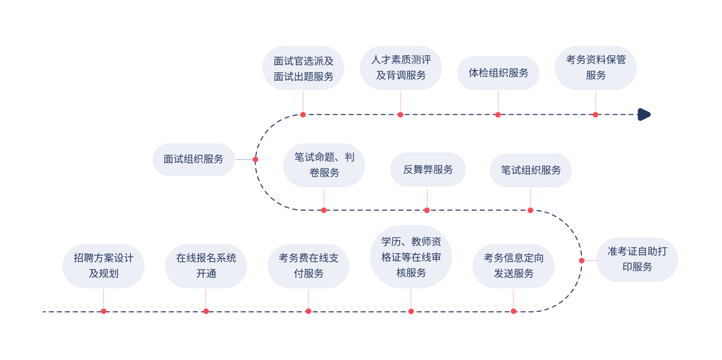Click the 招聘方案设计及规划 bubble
tap(103, 266)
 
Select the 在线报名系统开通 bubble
tap(206, 266)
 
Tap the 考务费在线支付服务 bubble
tap(308, 266)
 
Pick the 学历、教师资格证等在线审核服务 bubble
tap(411, 257)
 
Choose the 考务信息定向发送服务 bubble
tap(513, 266)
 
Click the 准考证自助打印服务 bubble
tap(637, 259)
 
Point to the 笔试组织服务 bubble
tap(530, 170)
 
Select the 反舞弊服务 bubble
tap(428, 169)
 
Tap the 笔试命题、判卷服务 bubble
tap(324, 165)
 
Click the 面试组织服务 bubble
tap(194, 159)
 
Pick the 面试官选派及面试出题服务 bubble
tap(303, 68)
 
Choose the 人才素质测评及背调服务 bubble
tap(401, 68)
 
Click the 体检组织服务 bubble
tap(498, 73)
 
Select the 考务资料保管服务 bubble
tap(596, 68)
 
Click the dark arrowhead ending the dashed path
tap(644, 114)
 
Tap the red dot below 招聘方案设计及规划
tap(104, 311)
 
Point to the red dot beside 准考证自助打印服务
tap(582, 260)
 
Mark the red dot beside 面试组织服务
tap(255, 159)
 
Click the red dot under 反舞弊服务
tap(427, 210)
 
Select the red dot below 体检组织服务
tap(498, 114)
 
